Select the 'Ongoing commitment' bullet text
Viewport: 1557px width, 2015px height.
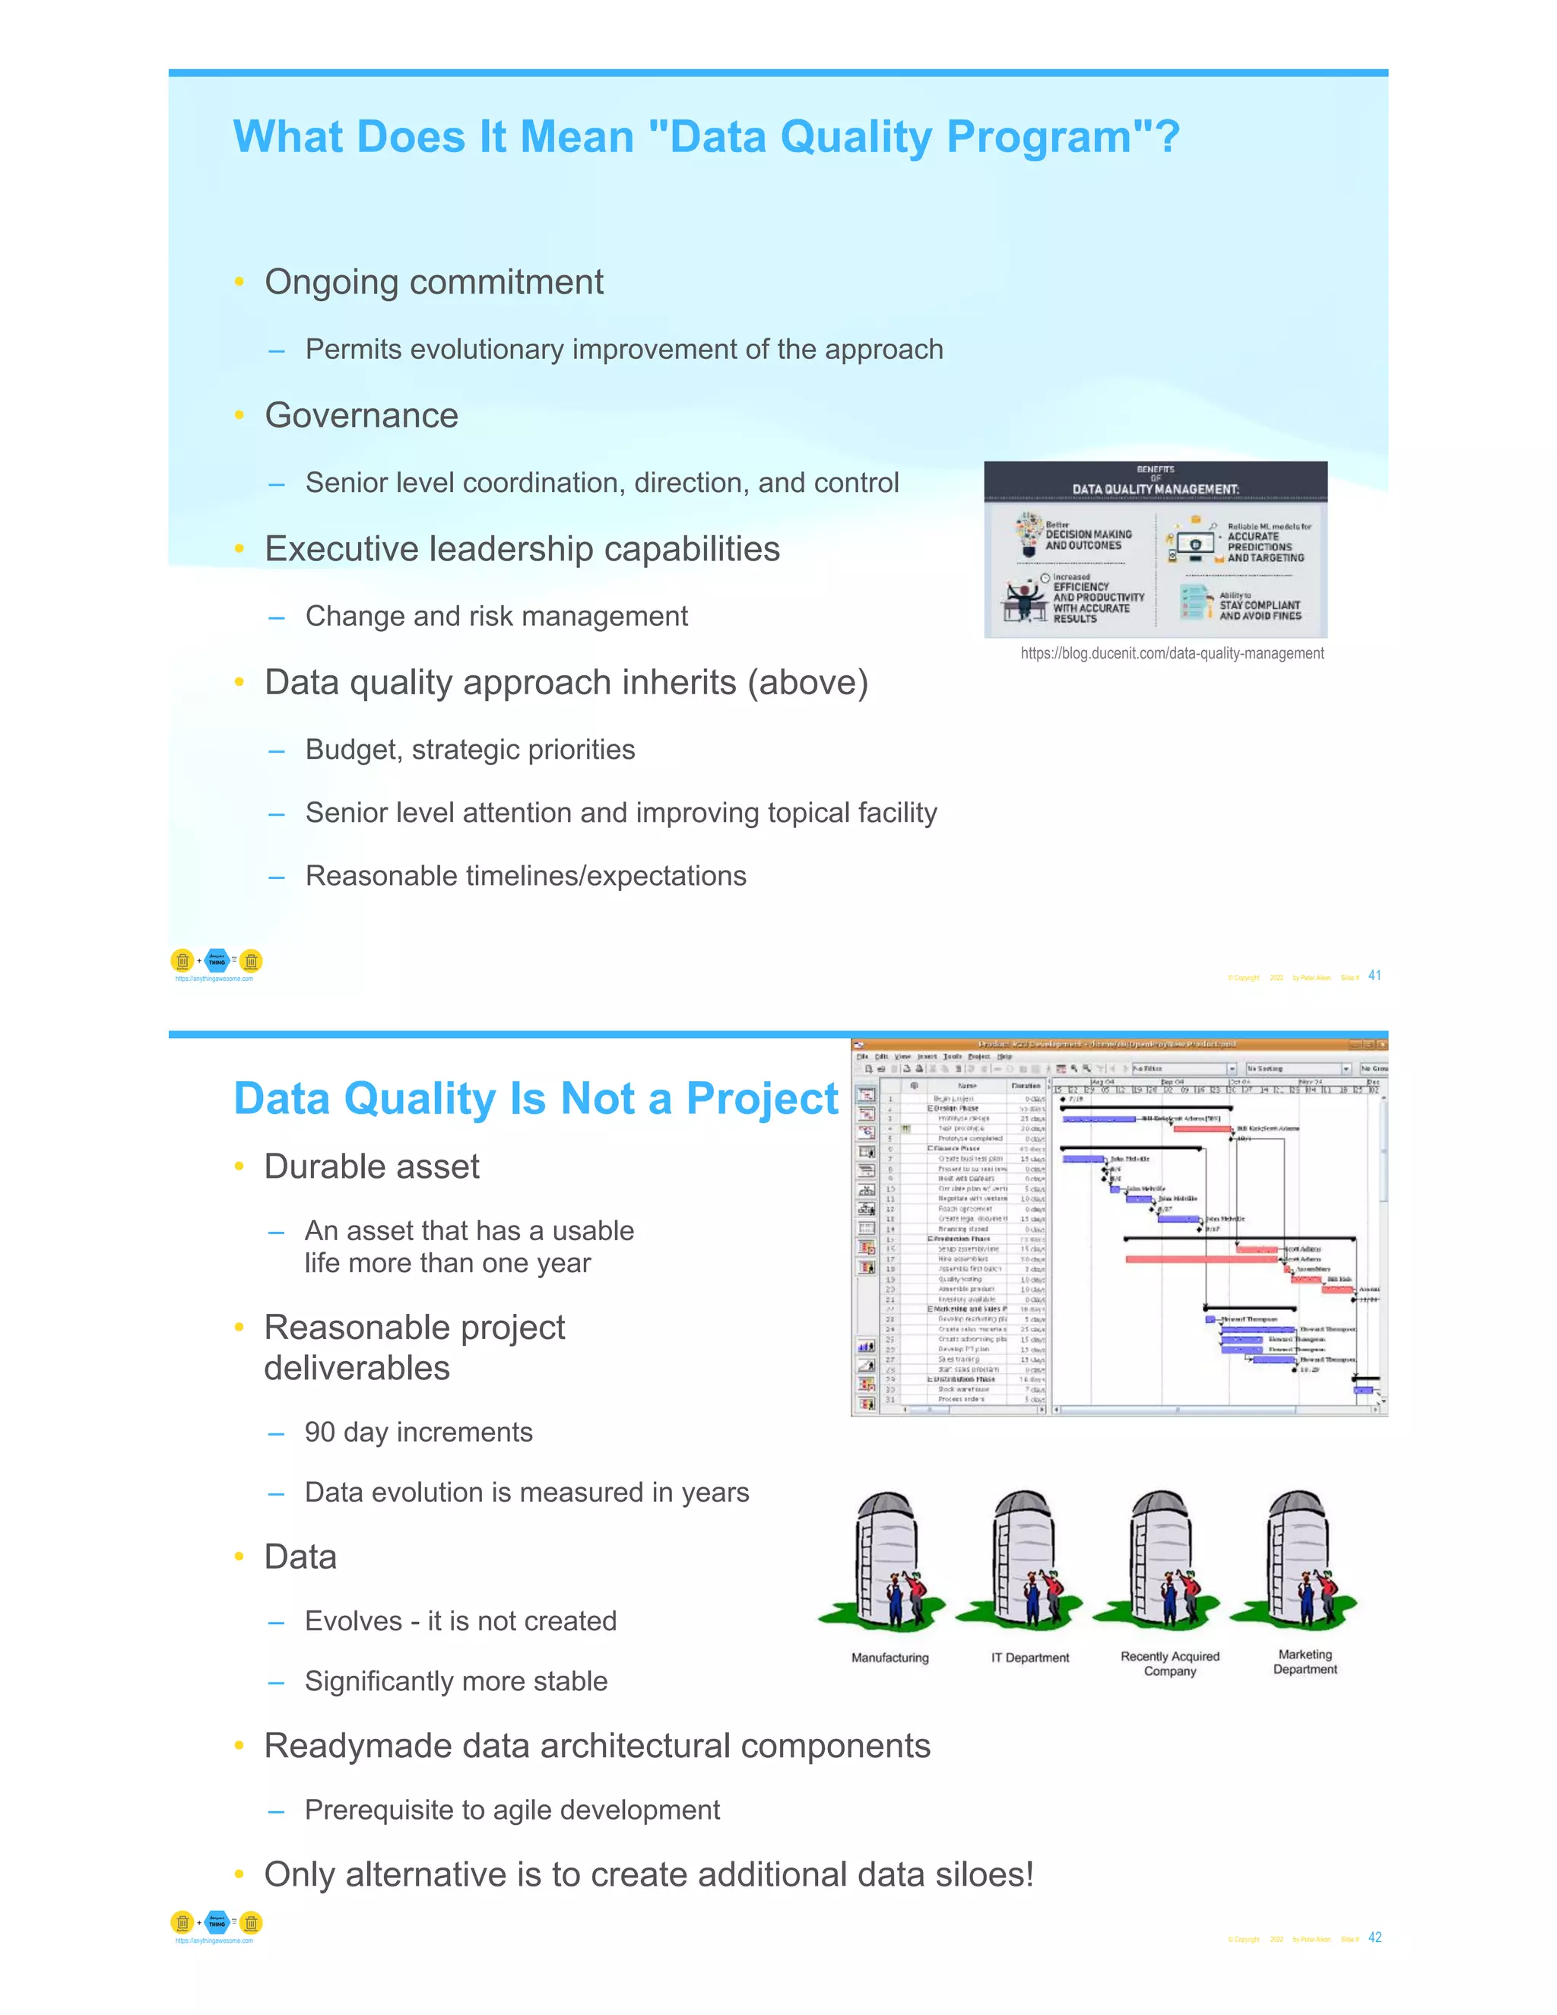433,282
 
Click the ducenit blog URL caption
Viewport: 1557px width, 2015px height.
1172,653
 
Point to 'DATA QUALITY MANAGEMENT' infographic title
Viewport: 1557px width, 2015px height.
1155,489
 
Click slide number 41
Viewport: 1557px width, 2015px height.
1375,976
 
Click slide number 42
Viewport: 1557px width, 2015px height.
1375,1937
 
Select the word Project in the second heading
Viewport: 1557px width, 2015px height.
762,1099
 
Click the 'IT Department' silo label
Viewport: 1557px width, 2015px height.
1029,1658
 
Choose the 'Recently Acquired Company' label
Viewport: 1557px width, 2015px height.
1169,1664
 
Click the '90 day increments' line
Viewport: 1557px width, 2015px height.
419,1432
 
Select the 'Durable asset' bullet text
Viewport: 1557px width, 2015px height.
372,1167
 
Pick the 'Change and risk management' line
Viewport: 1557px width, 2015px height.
496,617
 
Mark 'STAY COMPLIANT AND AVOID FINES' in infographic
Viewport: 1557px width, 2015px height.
1259,610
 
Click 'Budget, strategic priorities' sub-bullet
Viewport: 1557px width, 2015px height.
470,750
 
